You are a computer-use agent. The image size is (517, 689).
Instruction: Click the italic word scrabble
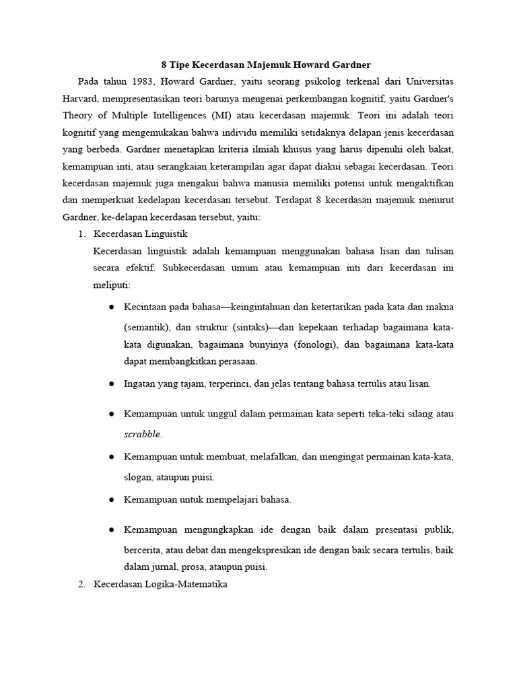[143, 434]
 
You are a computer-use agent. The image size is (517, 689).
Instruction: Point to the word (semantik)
[147, 328]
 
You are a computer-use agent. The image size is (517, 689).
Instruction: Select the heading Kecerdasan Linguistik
[140, 234]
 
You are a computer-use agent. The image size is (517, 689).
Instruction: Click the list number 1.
[82, 234]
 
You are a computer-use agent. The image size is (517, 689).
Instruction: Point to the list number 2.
[82, 584]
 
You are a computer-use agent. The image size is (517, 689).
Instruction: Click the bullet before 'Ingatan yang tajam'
[110, 384]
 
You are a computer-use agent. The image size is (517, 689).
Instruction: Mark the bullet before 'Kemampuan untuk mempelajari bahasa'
[110, 500]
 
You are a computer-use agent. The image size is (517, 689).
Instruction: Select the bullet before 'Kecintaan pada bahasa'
[110, 307]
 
